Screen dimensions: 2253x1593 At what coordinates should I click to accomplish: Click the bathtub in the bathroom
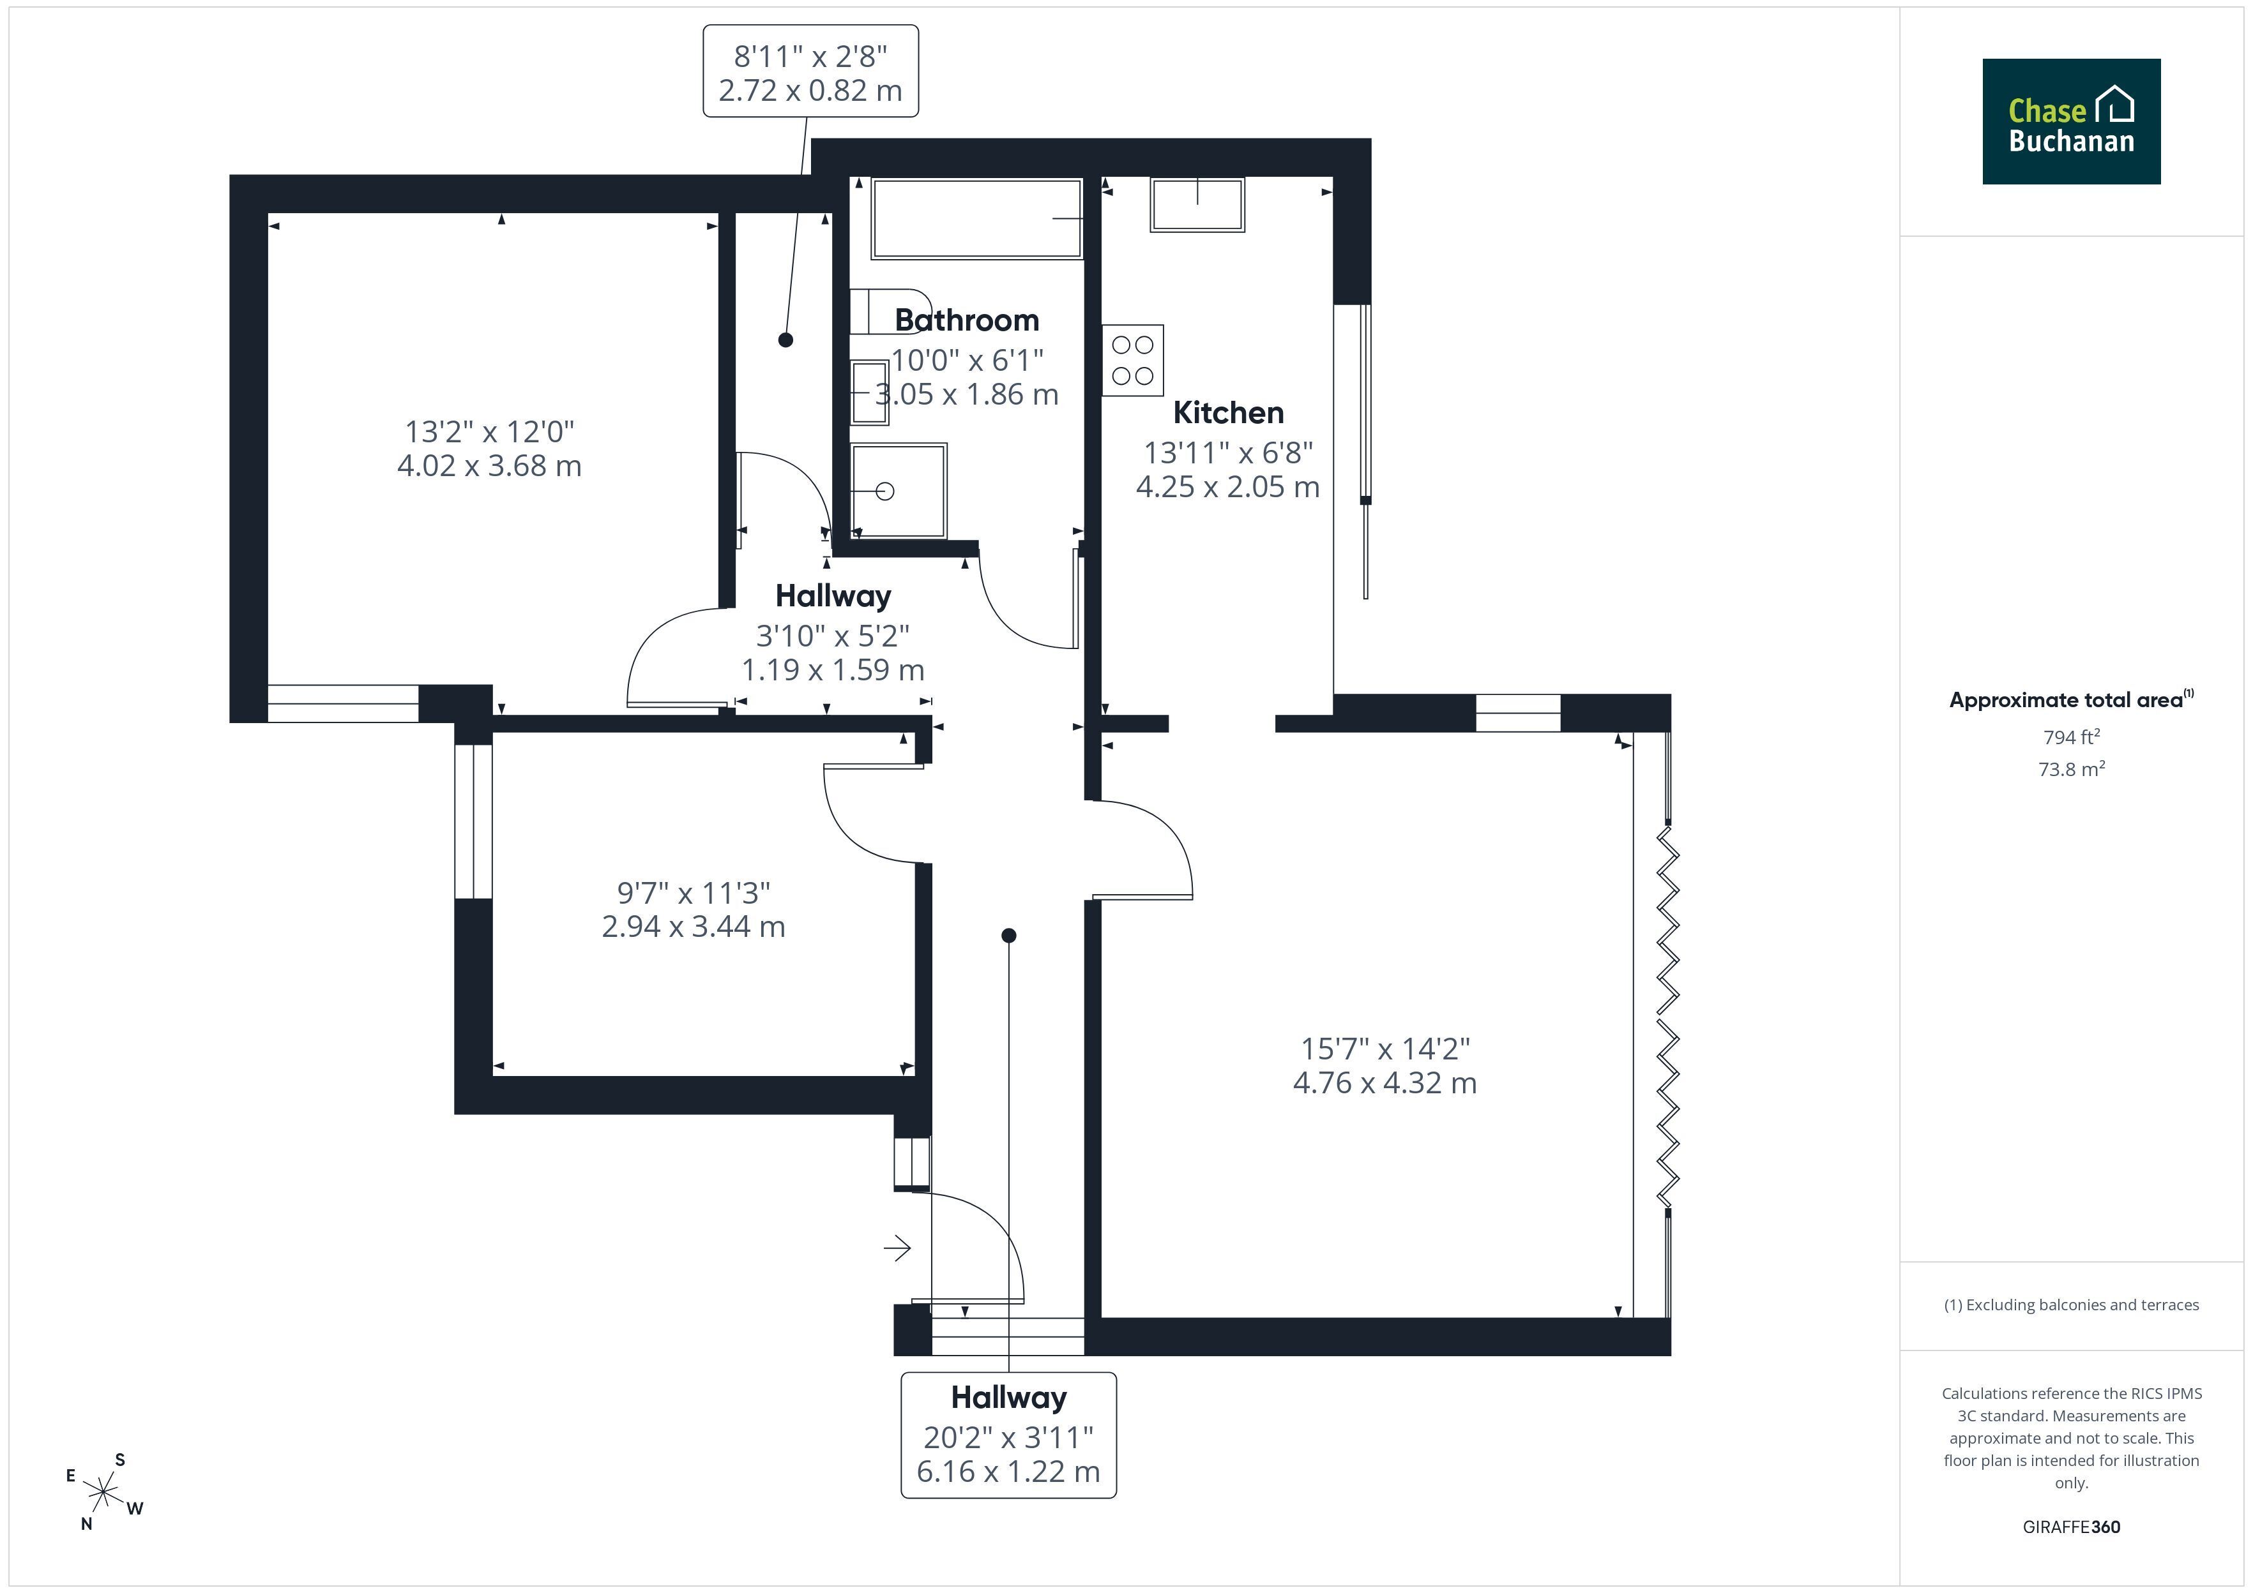tap(976, 219)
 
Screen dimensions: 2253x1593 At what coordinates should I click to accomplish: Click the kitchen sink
tap(1197, 205)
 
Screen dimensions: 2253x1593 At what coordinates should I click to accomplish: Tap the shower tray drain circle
tap(885, 491)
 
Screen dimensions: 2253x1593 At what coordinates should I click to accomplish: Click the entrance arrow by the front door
tap(897, 1249)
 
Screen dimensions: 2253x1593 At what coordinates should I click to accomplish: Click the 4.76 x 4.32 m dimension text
tap(1384, 1083)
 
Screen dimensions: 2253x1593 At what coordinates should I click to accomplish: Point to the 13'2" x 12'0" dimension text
tap(490, 431)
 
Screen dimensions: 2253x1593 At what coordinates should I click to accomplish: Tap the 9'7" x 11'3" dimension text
tap(694, 893)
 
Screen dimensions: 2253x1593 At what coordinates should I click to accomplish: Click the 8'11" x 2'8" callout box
tap(810, 71)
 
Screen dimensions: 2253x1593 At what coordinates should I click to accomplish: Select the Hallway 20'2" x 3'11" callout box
tap(1009, 1435)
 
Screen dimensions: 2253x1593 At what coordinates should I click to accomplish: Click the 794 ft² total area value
tap(2072, 737)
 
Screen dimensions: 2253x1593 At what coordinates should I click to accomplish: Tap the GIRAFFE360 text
tap(2072, 1527)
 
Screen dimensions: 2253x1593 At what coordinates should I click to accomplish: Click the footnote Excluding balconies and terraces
tap(2072, 1305)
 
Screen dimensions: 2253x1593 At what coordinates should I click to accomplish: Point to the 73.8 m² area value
tap(2072, 769)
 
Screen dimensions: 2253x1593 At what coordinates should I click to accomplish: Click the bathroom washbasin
tap(869, 393)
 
